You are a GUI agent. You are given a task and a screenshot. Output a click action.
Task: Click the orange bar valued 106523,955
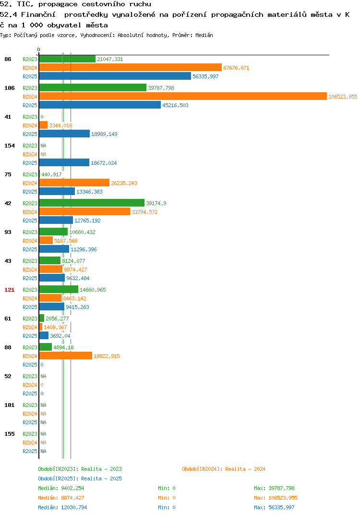183,97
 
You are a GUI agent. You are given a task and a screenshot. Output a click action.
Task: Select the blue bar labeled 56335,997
115,76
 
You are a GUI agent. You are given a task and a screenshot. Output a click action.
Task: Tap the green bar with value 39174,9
92,203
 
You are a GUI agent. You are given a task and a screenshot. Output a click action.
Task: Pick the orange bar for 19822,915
66,356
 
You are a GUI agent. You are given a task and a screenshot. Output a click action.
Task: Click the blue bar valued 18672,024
64,162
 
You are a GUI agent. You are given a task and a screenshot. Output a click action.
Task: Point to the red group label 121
10,290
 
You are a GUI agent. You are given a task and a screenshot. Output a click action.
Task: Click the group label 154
10,146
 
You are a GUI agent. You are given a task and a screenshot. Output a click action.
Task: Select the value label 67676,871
236,68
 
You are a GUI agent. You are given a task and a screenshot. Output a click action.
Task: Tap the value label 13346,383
89,192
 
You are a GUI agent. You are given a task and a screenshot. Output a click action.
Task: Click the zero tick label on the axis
38,49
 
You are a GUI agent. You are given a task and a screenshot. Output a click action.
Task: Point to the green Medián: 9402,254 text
61,488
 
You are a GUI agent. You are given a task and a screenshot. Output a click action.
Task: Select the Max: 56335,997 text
274,507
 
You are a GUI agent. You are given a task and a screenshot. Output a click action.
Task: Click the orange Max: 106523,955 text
276,498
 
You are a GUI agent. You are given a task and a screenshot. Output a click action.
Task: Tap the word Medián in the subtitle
204,35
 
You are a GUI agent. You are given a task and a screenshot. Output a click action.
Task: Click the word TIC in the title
25,4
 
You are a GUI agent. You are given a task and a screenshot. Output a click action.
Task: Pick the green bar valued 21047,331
67,59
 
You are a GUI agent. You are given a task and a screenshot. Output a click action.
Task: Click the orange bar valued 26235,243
74,183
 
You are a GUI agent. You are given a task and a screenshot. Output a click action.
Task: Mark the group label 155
10,434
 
